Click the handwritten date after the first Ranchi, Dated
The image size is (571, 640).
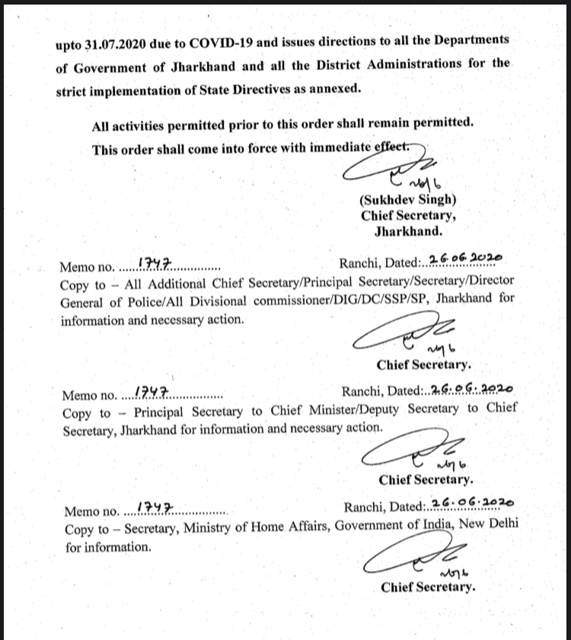(462, 260)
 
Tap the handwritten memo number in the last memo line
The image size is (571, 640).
(155, 506)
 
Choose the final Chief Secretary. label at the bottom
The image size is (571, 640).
(428, 587)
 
